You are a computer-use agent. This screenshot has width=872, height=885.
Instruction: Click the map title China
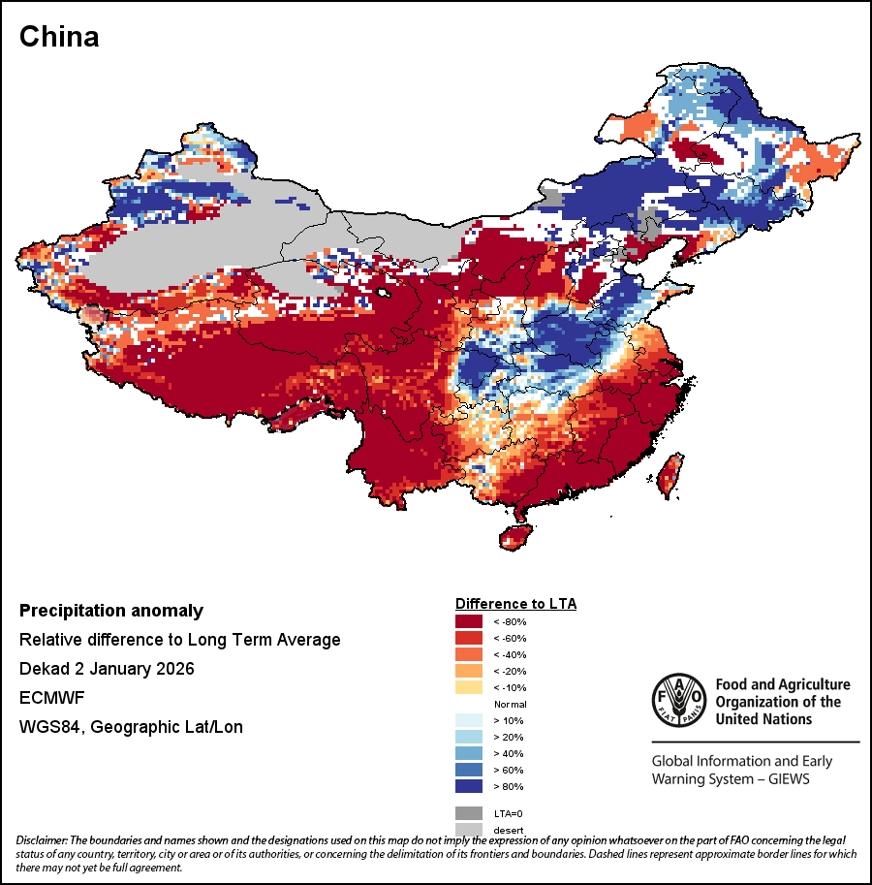[59, 37]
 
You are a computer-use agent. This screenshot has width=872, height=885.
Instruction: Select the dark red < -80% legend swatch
[469, 621]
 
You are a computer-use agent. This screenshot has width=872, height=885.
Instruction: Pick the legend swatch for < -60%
[469, 638]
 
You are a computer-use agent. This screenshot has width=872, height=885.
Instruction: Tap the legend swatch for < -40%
[469, 654]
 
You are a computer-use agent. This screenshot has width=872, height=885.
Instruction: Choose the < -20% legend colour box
[469, 671]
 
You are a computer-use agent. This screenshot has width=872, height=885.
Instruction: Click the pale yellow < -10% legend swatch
[469, 687]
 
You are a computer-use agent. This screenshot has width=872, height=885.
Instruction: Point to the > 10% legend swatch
[469, 720]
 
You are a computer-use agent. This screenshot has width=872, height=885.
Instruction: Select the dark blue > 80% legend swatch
[469, 786]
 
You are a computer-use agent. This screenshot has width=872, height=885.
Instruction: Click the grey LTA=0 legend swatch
[469, 812]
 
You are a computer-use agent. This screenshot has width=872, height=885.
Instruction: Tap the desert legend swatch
[469, 828]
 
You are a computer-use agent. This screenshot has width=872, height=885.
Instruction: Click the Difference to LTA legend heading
[515, 604]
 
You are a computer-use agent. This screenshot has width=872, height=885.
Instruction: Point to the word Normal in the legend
[510, 704]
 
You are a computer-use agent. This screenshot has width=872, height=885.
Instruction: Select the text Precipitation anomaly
[111, 611]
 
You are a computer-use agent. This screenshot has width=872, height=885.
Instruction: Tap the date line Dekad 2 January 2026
[107, 669]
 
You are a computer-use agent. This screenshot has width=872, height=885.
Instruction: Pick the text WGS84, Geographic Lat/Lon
[131, 727]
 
